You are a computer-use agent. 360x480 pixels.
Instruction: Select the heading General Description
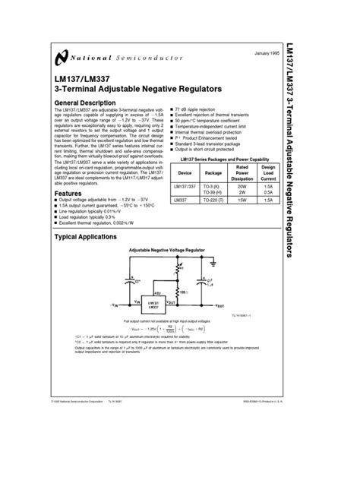coord(84,103)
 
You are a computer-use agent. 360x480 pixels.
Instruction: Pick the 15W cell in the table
coord(242,200)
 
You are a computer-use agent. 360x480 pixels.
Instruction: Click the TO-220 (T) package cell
coord(213,200)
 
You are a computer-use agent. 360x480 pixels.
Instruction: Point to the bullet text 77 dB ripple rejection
coord(198,111)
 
